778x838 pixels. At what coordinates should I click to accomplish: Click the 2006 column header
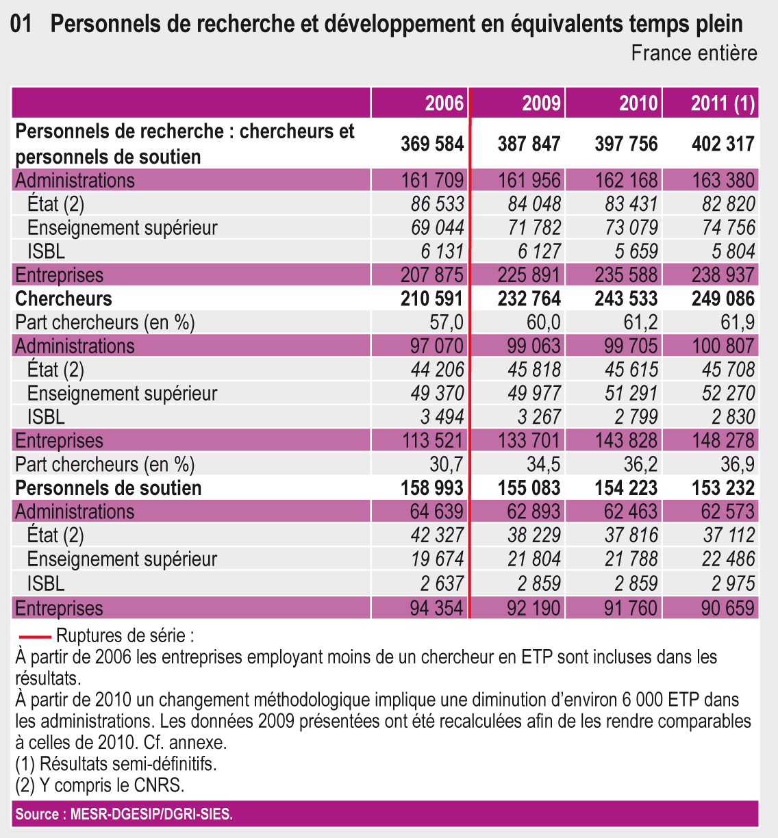[444, 103]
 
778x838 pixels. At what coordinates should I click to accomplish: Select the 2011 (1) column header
[723, 103]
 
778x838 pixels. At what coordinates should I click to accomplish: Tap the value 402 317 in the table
[723, 144]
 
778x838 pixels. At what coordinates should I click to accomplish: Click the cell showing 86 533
[438, 204]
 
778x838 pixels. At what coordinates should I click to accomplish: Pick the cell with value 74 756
[728, 227]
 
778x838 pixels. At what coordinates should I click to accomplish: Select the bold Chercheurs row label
[64, 299]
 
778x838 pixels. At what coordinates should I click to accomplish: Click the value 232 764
[529, 299]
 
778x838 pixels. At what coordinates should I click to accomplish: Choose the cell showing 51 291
[631, 393]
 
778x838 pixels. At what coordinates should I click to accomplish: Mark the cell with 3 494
[442, 417]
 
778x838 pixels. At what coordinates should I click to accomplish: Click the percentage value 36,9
[738, 464]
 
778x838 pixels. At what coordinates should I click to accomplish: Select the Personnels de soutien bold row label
[108, 488]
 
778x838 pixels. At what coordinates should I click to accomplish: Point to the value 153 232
[723, 488]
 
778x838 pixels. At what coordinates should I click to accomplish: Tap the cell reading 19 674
[438, 559]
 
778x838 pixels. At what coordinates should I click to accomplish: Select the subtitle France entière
[694, 53]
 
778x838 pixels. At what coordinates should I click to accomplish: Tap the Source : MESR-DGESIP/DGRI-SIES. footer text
[124, 814]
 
